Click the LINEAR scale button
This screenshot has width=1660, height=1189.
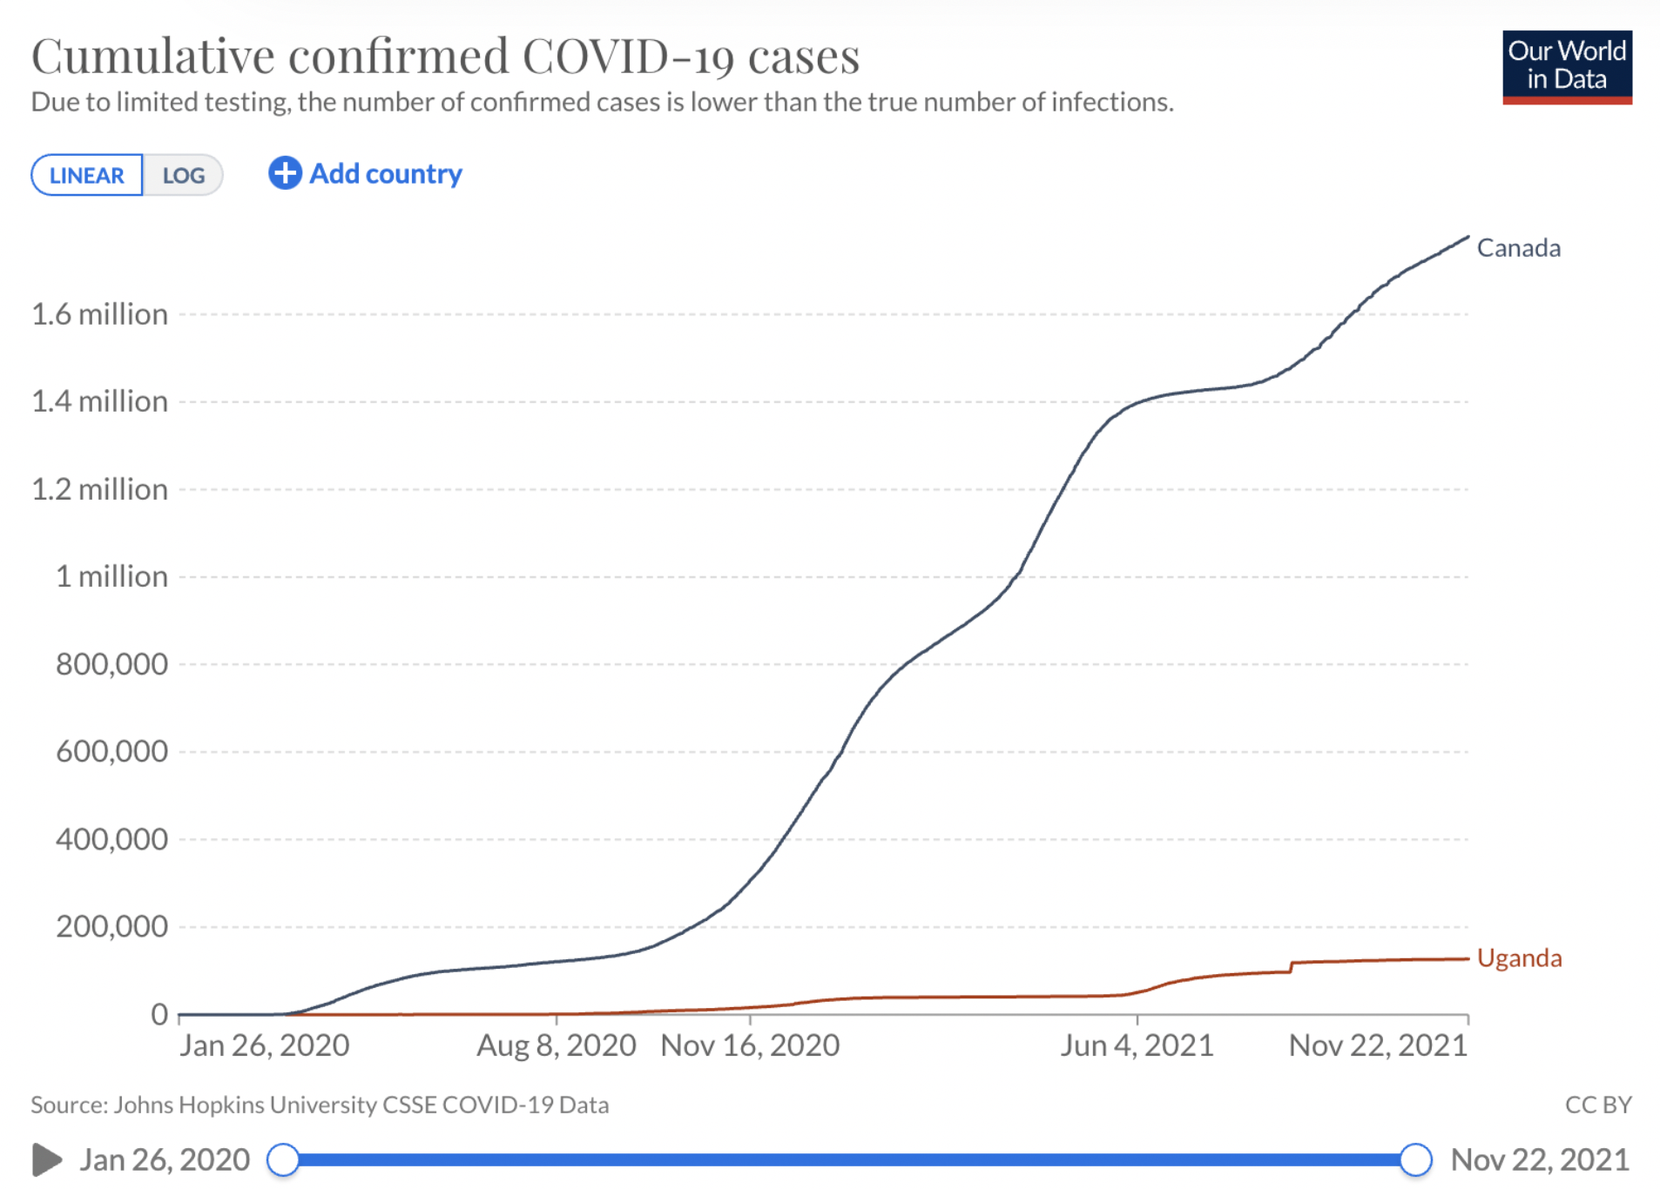[86, 175]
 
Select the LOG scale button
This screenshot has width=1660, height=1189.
[184, 175]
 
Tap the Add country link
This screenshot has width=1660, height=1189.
[366, 173]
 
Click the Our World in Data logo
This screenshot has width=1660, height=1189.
[1566, 66]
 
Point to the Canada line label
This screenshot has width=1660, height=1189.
[1518, 248]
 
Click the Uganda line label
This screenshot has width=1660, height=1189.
[1519, 958]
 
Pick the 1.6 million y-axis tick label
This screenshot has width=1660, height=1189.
[99, 314]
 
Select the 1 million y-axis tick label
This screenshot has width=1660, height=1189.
[111, 576]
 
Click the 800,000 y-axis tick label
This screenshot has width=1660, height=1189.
[111, 664]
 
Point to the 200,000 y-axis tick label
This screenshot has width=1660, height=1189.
[111, 926]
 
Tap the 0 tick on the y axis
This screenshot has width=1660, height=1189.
[159, 1014]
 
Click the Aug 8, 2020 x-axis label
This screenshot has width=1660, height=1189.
[556, 1045]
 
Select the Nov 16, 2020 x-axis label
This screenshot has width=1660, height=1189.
[750, 1045]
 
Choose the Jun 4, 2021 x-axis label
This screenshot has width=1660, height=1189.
[1137, 1045]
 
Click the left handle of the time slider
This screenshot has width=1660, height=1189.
[283, 1159]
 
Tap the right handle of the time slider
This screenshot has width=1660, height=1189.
[1415, 1159]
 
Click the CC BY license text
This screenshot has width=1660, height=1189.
[1597, 1105]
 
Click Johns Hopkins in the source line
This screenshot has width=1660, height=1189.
[188, 1105]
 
